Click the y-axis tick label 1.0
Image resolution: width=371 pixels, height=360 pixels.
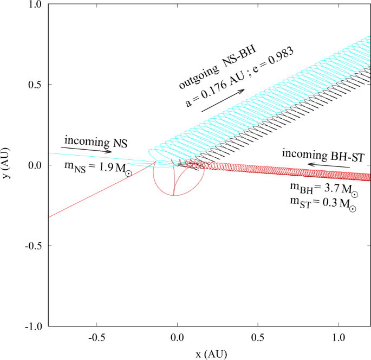tap(35, 4)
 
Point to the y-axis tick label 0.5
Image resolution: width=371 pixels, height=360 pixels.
tap(35, 85)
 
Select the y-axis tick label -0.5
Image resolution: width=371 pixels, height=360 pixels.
tap(34, 246)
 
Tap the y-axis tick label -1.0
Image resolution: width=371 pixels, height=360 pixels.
tap(34, 326)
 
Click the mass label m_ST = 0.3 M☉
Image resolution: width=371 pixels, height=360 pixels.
tap(323, 205)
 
